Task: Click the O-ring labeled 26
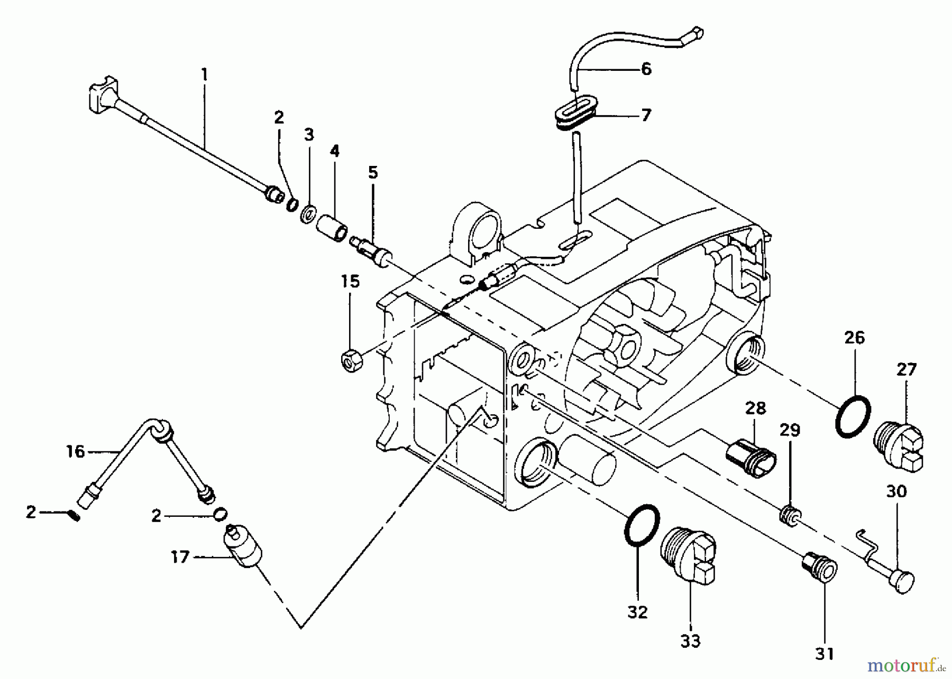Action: coord(853,416)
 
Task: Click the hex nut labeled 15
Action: coord(351,361)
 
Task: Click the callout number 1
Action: coord(205,75)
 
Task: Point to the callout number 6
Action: coord(646,69)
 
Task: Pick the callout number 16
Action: coord(75,451)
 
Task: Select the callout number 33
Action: coord(690,641)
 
